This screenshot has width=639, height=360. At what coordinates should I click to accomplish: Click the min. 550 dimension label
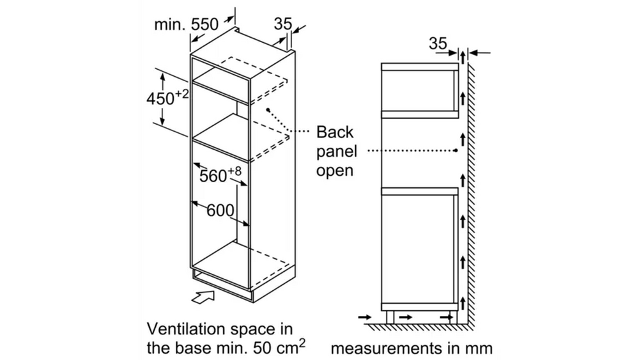186,24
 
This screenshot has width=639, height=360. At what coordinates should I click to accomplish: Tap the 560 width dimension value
213,176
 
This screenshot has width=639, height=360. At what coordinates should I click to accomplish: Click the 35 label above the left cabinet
282,24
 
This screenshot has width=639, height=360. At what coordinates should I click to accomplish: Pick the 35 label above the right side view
438,43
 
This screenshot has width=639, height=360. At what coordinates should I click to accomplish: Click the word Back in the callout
335,132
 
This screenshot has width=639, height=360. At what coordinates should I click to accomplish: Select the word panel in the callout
337,152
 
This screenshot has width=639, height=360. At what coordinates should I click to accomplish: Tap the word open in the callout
335,171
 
